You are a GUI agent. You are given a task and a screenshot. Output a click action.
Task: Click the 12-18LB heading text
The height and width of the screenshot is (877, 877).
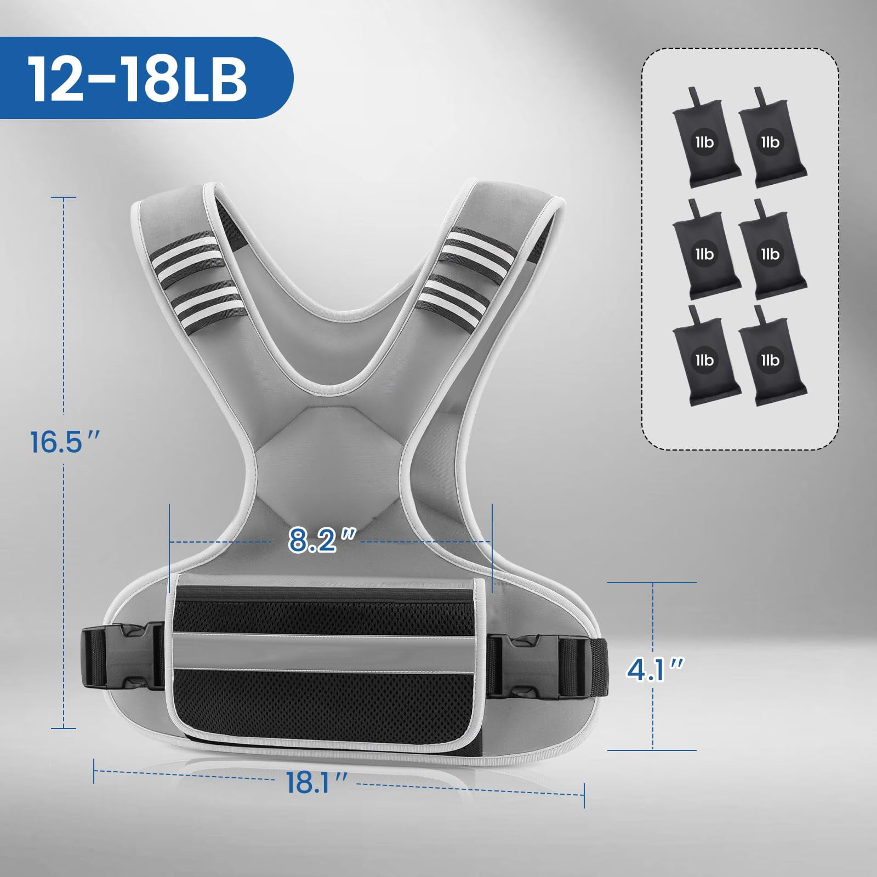coord(136,78)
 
